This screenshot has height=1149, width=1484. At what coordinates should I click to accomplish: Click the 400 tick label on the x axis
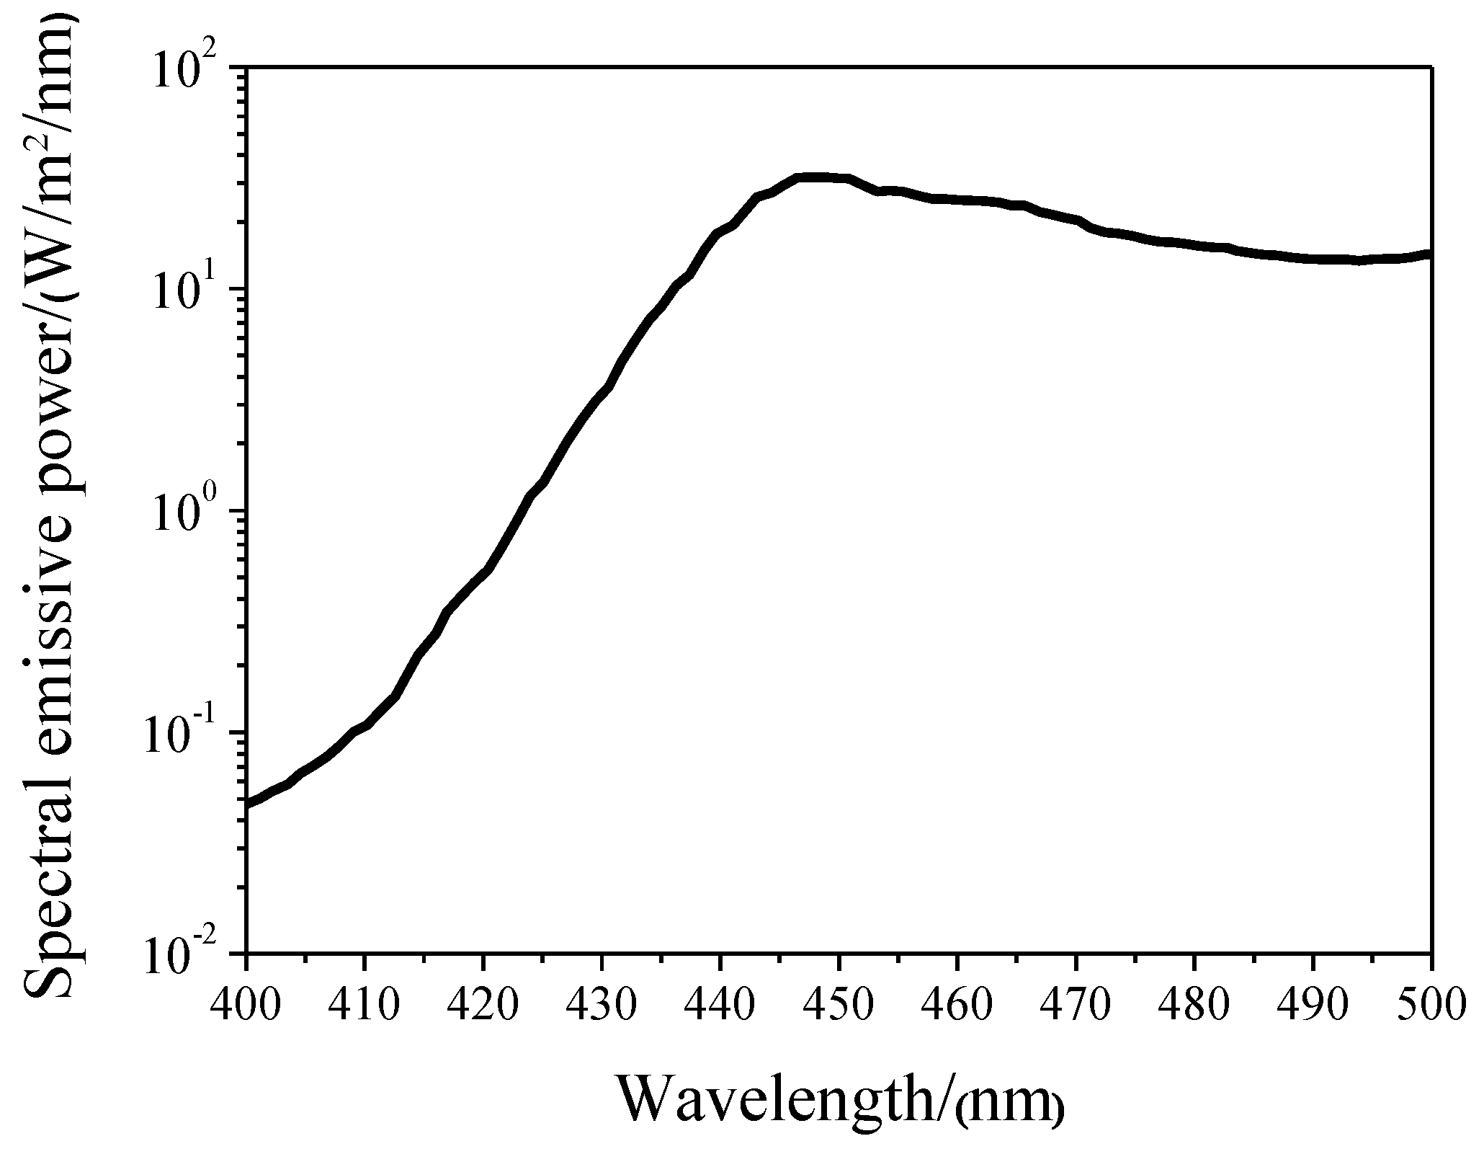(246, 1004)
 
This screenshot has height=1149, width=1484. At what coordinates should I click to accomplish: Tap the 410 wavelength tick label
(365, 1004)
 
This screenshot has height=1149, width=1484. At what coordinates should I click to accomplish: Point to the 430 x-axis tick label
(602, 1004)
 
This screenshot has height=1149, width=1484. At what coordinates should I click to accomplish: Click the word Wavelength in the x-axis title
(774, 1101)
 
